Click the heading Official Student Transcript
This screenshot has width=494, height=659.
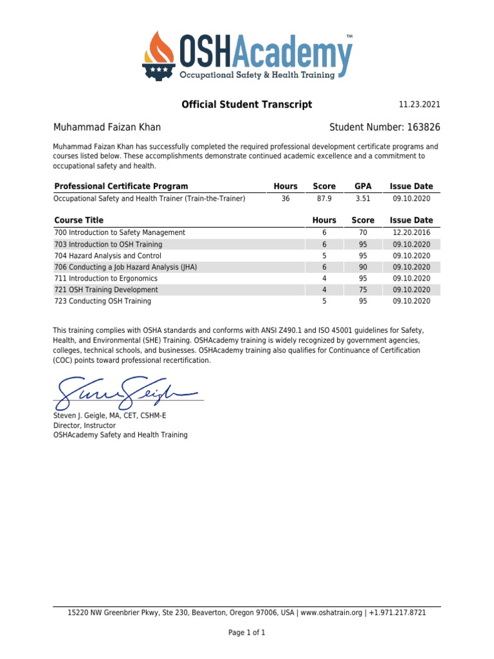[246, 104]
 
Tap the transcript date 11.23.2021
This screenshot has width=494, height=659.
[419, 105]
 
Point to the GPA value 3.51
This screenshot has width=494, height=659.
[363, 199]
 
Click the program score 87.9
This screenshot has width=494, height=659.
[324, 199]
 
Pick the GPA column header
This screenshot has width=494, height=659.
[363, 186]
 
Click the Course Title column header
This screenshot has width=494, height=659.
[78, 220]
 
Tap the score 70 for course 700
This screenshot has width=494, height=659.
[363, 232]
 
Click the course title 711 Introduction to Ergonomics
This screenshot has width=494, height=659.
[105, 279]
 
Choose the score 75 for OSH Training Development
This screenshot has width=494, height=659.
[363, 290]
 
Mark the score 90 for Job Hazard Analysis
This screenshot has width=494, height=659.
[363, 267]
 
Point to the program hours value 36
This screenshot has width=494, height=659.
[286, 199]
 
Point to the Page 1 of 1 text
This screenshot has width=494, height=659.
[246, 633]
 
